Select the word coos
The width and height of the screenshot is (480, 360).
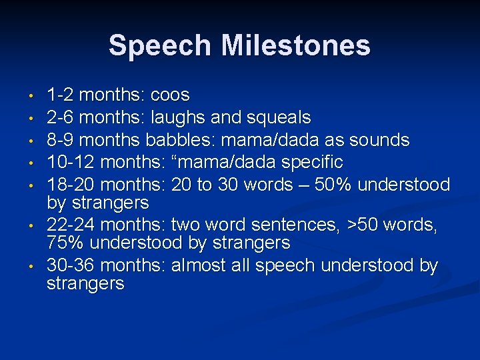171,95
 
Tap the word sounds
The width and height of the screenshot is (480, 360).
383,140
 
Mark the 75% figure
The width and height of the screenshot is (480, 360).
65,243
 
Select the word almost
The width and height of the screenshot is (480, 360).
200,265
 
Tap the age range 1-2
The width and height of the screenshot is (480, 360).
60,95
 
